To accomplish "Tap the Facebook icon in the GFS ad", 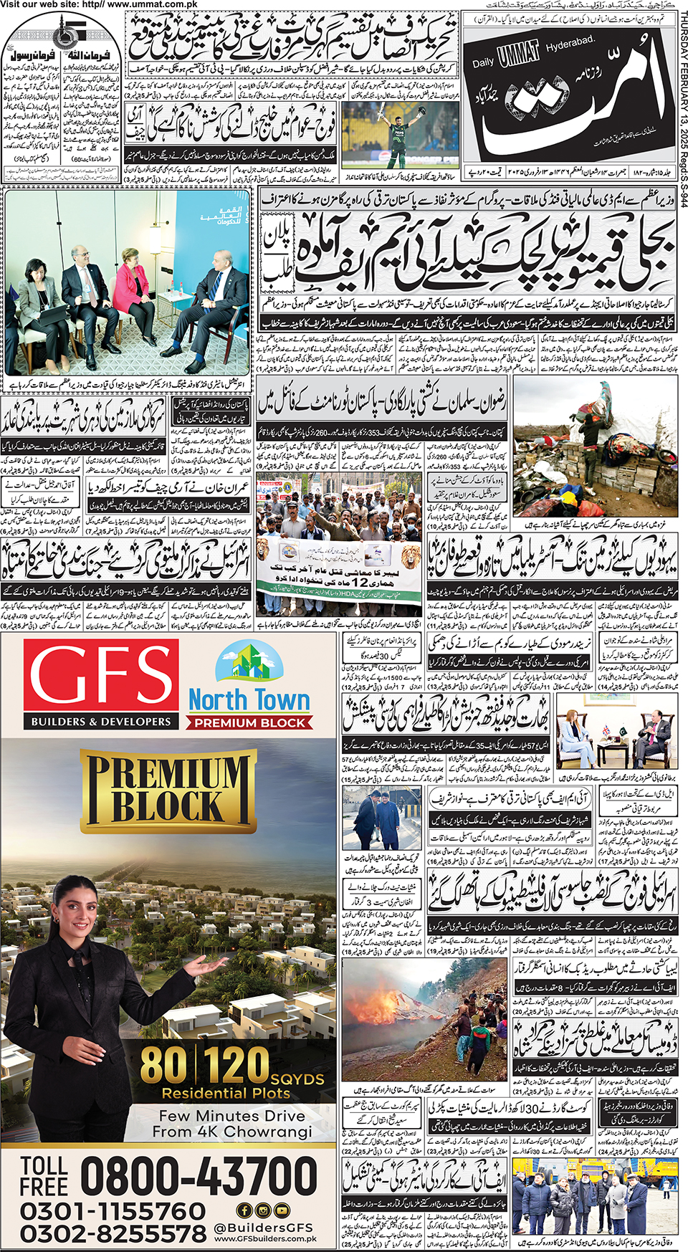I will tap(244, 1210).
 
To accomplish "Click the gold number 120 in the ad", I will tap(236, 1065).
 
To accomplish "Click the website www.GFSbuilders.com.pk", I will tap(265, 1238).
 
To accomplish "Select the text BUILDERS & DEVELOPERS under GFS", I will tap(101, 722).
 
